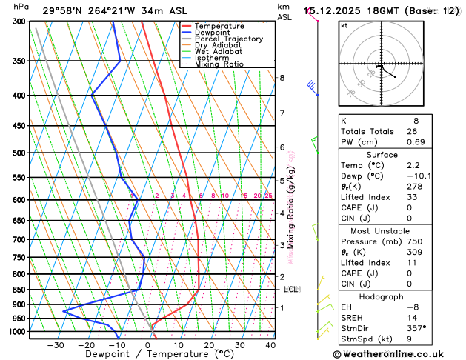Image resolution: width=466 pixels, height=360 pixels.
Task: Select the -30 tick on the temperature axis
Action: [x=56, y=345]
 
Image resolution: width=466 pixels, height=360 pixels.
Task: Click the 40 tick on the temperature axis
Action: [x=270, y=345]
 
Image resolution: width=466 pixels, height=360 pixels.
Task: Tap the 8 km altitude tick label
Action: [x=282, y=78]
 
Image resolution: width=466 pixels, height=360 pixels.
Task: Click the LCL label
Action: [x=290, y=290]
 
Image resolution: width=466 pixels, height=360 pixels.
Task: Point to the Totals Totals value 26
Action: [x=412, y=131]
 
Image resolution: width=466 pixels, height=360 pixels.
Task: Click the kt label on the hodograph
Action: [x=344, y=25]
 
